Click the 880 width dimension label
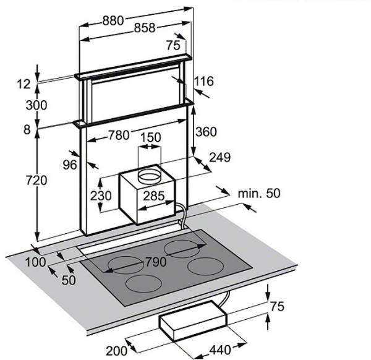pyautogui.click(x=113, y=21)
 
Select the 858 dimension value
pyautogui.click(x=145, y=28)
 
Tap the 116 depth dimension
pyautogui.click(x=203, y=81)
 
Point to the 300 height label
pyautogui.click(x=36, y=105)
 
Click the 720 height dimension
pyautogui.click(x=36, y=181)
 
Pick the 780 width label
pyautogui.click(x=119, y=135)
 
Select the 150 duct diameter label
pyautogui.click(x=151, y=137)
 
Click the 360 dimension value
pyautogui.click(x=206, y=132)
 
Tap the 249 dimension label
pyautogui.click(x=220, y=157)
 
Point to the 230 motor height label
pyautogui.click(x=101, y=195)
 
